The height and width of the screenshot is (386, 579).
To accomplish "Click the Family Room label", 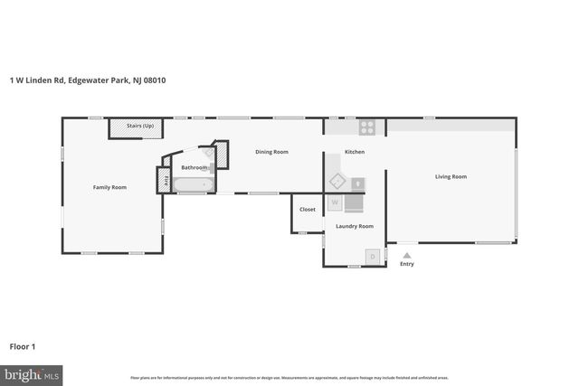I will click(109, 187).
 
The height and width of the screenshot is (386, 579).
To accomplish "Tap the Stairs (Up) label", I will click(140, 127).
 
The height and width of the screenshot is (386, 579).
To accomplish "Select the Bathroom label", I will click(194, 167).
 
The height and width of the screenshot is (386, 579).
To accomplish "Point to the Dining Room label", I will click(271, 152).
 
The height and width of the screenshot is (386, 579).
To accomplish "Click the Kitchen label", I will click(355, 152).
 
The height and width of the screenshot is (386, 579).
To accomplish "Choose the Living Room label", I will click(451, 176).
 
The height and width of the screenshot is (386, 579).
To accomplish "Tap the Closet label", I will click(308, 209).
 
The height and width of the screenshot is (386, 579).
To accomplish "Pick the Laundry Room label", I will click(355, 226).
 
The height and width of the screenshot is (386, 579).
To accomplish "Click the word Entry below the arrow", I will click(407, 264).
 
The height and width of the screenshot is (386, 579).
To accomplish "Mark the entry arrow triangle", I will click(407, 255).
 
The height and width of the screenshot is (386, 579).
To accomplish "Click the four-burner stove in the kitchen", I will click(366, 127).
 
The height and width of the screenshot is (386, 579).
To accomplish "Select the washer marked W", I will click(335, 202).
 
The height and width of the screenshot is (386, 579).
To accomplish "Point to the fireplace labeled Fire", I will click(165, 180).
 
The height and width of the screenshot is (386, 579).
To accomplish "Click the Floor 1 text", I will click(22, 346).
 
